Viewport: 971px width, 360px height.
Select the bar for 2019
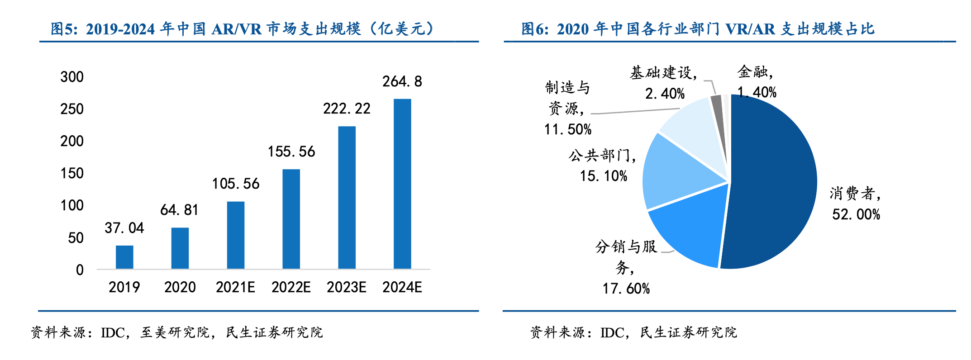tap(124, 257)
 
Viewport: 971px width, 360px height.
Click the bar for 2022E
tap(291, 219)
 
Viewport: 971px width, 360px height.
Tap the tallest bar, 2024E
tap(402, 184)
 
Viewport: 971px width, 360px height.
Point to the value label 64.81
tap(179, 210)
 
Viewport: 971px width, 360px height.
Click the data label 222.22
tap(347, 109)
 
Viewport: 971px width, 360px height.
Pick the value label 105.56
tap(236, 184)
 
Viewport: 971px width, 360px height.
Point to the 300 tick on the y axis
tap(72, 77)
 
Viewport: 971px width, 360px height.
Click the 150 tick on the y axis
tap(72, 173)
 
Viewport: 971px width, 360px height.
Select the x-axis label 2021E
tap(235, 287)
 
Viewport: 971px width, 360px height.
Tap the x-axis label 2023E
tap(347, 287)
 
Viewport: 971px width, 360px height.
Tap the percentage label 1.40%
tap(757, 92)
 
